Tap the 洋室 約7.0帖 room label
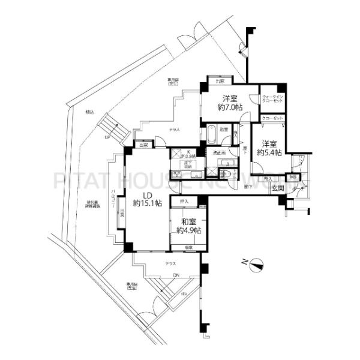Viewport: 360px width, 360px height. tap(231, 103)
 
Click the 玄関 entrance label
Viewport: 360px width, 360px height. tap(278, 188)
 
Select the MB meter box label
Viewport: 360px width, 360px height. tap(293, 178)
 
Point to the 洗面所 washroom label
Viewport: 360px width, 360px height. tap(219, 153)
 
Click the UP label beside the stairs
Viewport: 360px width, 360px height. tap(107, 137)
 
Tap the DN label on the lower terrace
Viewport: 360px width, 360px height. tap(176, 275)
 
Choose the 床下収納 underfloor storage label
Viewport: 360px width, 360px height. tap(188, 163)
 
